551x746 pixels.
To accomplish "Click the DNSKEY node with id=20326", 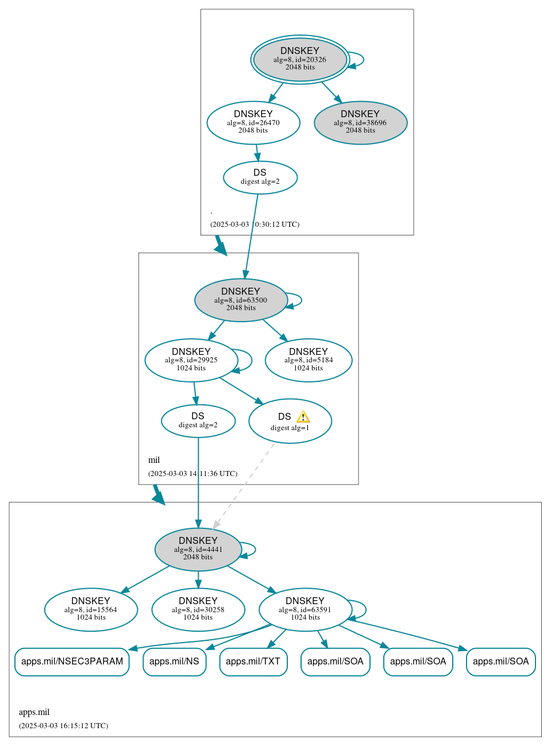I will (x=300, y=59).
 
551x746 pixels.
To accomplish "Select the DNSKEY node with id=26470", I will (x=253, y=122).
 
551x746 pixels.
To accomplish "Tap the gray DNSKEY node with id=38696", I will (x=360, y=122).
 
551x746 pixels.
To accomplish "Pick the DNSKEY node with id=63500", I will (x=241, y=300).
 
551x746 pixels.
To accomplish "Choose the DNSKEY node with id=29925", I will (x=191, y=360).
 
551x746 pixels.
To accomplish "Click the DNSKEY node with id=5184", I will (x=309, y=360).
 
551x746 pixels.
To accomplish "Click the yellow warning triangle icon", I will (x=303, y=417).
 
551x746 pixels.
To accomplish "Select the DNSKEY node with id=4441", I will (x=198, y=549).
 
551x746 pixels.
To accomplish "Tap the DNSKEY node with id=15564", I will (x=91, y=609).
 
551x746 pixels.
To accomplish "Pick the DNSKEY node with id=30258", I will (x=198, y=609).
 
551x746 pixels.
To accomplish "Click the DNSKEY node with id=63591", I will (x=305, y=609).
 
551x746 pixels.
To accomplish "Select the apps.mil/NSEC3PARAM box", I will (x=72, y=662).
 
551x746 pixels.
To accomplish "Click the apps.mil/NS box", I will (x=174, y=662).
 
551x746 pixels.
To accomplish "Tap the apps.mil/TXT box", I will (x=253, y=662).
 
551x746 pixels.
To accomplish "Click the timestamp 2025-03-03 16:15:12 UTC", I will (x=63, y=726).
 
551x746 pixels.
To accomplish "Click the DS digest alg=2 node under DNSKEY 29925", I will (x=198, y=421).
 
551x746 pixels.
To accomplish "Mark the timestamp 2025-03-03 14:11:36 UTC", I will (x=192, y=474).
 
